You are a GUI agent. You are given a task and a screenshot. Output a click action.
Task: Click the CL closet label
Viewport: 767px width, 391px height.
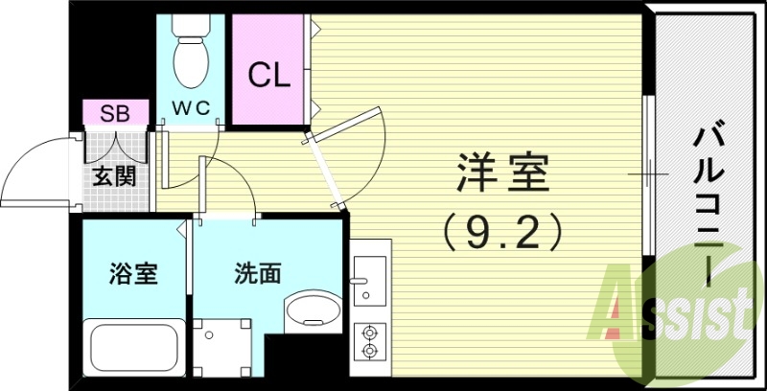268,76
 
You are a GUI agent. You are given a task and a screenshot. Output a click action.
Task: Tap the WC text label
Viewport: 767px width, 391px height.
191,106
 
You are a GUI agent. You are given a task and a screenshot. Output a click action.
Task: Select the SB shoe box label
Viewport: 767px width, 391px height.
115,113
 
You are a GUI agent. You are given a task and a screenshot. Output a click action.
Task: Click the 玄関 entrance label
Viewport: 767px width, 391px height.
114,176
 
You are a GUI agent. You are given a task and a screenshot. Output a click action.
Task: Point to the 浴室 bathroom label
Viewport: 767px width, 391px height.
133,274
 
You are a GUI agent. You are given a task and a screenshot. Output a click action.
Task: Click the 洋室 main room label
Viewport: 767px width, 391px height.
503,172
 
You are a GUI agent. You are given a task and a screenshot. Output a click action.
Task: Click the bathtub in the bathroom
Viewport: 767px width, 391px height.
134,348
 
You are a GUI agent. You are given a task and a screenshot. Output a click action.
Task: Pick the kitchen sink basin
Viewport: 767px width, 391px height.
370,281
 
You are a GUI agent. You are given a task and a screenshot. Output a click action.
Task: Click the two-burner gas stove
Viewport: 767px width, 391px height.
370,341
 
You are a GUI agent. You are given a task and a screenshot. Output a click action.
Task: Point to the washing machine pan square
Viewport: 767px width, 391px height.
222,348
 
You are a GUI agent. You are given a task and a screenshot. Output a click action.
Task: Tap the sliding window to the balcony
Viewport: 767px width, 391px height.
648,174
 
